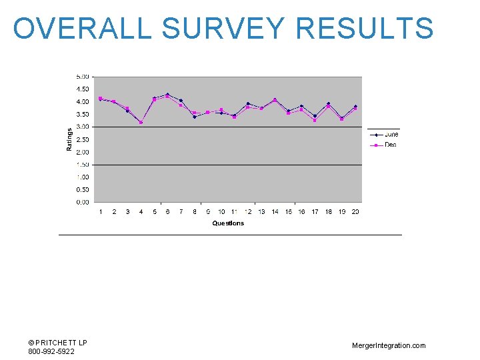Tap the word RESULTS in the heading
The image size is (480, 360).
[365, 29]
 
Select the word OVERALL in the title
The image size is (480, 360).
[83, 29]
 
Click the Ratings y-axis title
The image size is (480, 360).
[69, 139]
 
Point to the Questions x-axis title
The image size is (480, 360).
[228, 223]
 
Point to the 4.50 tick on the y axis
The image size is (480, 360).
[83, 89]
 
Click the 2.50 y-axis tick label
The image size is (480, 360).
[83, 139]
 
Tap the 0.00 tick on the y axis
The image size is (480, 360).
[83, 202]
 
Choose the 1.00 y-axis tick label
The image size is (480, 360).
[83, 177]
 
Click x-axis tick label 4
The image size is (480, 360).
[141, 212]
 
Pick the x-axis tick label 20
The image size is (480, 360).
[355, 212]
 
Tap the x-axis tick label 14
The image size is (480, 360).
[275, 212]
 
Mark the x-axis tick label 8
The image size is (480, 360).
[195, 212]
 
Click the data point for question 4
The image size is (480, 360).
[141, 122]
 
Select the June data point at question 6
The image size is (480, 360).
[167, 95]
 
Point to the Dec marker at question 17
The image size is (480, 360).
[315, 120]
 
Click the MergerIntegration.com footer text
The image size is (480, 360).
[389, 345]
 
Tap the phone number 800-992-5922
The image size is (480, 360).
[51, 351]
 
